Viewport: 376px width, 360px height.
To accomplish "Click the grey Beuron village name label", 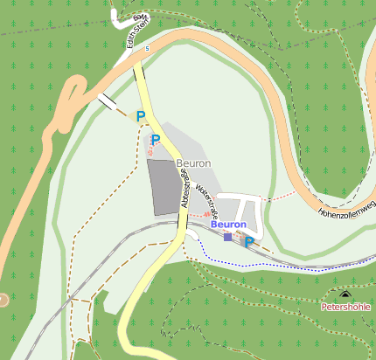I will point(193,163).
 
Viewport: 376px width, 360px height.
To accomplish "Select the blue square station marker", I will point(228,237).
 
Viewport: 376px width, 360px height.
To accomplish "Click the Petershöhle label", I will point(345,308).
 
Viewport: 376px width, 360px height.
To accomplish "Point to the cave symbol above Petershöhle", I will point(345,295).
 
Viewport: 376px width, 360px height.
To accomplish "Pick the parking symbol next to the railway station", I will point(248,241).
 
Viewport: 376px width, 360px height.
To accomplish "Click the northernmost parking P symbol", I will point(140,115).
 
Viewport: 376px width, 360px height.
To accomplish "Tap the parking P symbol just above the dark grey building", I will point(156,140).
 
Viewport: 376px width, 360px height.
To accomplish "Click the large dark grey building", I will point(166,186).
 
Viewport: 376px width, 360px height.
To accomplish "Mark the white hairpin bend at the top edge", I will point(116,16).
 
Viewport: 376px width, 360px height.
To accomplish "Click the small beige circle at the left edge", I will point(3,300).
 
